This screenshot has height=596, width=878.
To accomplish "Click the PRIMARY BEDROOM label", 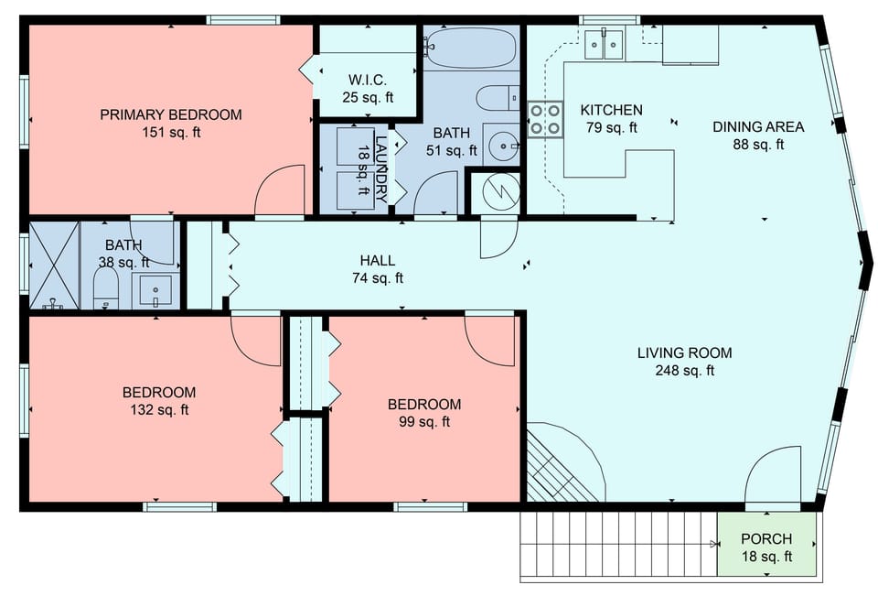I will pos(171,114).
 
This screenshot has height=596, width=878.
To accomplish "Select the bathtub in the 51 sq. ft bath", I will pos(470,47).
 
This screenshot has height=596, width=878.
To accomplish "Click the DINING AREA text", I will pos(758,126).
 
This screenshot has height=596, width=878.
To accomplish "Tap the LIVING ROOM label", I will pos(684,352).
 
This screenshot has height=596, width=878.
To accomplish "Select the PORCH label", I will pos(766,538).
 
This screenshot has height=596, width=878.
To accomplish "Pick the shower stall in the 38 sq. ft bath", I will pos(54,265).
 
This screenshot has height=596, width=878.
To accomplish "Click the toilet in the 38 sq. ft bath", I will pos(106,287).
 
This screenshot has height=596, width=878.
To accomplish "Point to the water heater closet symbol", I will pos(494,191).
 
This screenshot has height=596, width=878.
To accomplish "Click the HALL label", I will pos(377,261).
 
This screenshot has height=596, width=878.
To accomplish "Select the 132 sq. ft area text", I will pos(159,410).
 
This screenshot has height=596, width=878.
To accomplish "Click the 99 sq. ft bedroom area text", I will pos(424,422).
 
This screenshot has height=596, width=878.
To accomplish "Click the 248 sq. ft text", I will pos(684,371).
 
